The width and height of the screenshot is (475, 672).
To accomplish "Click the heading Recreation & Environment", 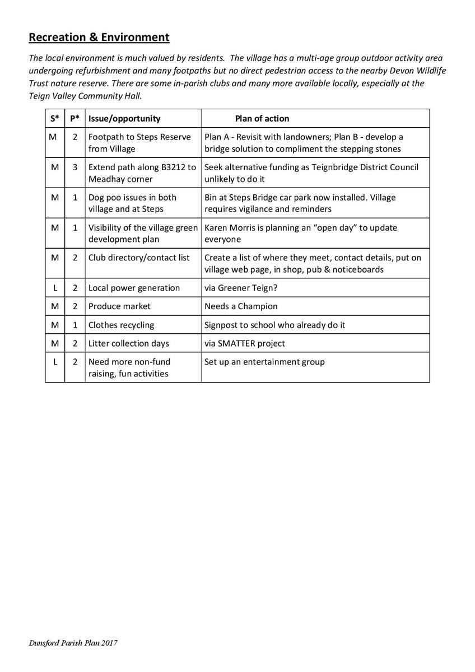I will (x=99, y=38).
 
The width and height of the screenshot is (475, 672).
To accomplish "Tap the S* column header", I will (x=54, y=119).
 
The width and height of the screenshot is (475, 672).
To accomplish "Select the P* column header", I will (x=74, y=119).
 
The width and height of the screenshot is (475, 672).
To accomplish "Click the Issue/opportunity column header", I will (x=124, y=119).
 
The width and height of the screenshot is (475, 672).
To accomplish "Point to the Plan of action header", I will (x=262, y=119).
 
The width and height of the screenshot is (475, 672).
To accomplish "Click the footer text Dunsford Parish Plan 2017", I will (x=73, y=643).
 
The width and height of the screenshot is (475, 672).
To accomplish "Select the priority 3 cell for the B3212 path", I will (x=74, y=167).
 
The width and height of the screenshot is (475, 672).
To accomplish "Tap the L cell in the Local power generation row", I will (x=54, y=288).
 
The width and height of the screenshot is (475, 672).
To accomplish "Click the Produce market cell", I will (x=119, y=306).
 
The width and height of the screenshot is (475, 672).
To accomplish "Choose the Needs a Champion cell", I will (x=241, y=306).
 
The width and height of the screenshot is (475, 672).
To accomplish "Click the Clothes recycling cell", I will (x=121, y=325).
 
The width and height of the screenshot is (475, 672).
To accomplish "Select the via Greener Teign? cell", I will (x=239, y=288).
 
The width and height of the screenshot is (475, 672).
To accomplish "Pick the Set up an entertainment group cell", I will (x=264, y=362).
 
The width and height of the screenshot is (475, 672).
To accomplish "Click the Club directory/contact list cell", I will (x=139, y=258).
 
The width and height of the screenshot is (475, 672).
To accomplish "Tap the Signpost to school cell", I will (x=275, y=325).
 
